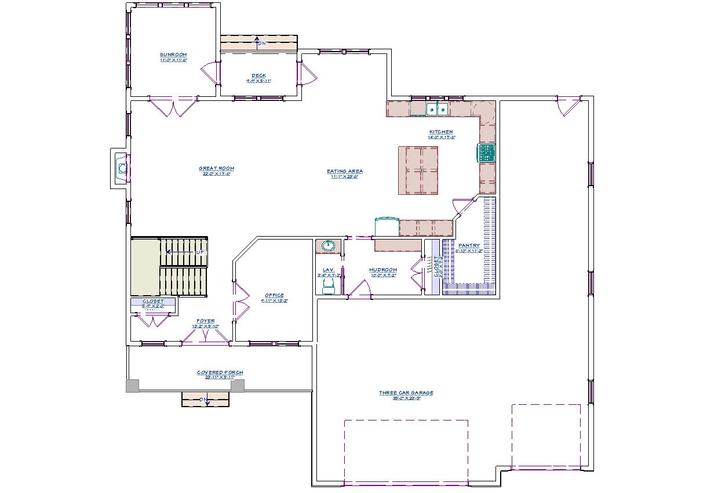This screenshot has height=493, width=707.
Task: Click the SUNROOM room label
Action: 173,55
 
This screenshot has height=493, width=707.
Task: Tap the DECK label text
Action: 258,75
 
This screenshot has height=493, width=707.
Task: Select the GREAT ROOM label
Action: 216,169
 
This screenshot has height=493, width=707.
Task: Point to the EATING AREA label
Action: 344,172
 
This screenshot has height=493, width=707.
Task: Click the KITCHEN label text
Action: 441,132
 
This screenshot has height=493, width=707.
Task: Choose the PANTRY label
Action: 468,245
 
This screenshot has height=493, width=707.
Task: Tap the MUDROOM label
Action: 382,270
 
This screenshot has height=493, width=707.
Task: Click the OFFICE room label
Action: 274,296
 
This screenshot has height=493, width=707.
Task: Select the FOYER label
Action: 205,321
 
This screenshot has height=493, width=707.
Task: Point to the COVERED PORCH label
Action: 220,372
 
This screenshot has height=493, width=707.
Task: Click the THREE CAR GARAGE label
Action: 406,393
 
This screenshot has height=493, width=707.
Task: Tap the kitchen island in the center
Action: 418,171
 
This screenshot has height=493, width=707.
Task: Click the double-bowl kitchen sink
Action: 436,109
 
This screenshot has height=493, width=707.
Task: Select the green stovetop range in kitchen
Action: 486,153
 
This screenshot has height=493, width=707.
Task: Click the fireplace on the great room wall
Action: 122,169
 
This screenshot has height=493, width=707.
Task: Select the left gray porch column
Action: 133,386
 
